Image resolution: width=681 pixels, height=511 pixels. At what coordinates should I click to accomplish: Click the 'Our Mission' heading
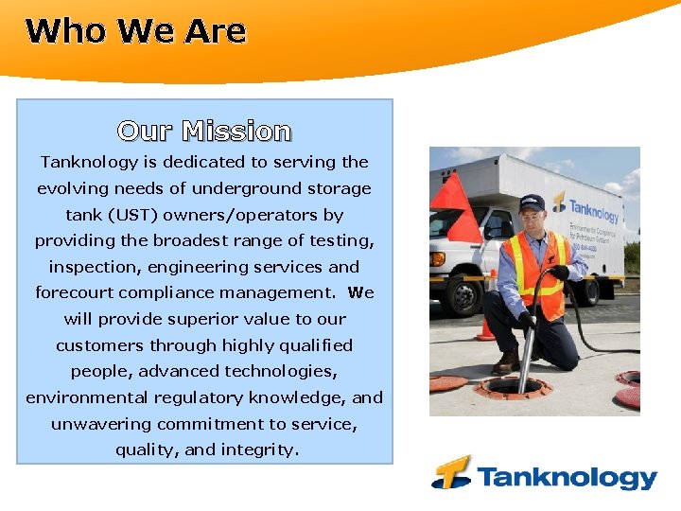tap(204, 131)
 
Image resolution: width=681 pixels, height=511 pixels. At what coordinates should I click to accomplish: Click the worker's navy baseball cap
tap(533, 202)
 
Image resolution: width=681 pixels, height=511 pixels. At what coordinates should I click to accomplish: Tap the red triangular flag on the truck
tap(460, 211)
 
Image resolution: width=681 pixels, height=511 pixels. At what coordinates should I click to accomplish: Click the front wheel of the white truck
tap(465, 291)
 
